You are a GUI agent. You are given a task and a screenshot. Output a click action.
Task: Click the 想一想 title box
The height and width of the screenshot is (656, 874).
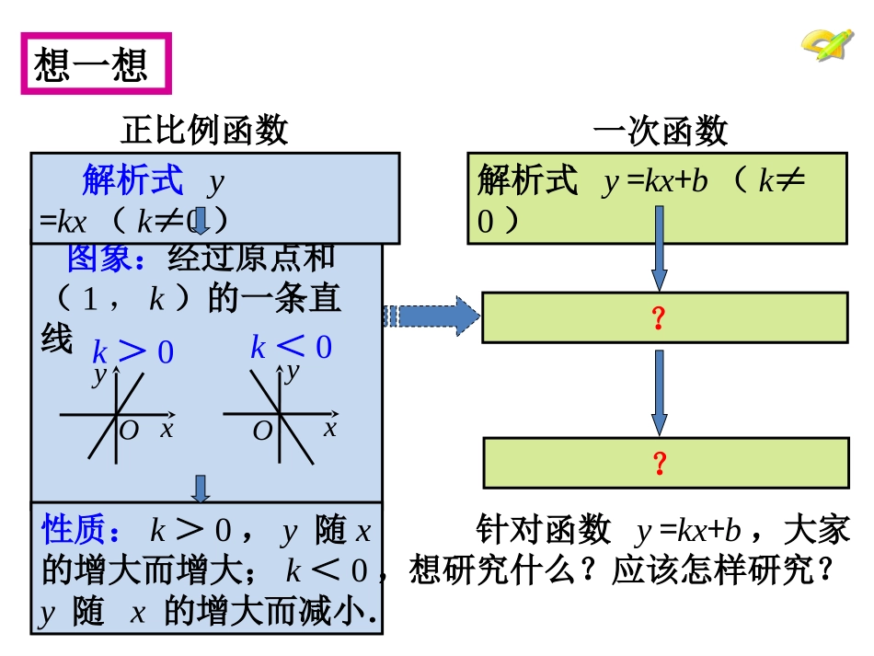coord(97,63)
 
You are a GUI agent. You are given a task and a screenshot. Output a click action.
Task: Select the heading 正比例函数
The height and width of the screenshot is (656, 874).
coord(204,130)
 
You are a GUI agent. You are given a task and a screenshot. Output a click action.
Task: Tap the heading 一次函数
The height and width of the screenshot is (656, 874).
coord(661,131)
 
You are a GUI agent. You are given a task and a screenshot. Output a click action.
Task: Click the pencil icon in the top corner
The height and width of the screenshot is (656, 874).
coord(828,44)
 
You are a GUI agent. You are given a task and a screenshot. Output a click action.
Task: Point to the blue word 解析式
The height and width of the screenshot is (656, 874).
coord(132,179)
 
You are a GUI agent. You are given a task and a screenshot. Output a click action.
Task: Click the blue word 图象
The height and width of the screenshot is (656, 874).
coord(98,258)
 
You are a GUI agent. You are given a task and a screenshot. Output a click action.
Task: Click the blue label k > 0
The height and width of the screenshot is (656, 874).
coord(133,351)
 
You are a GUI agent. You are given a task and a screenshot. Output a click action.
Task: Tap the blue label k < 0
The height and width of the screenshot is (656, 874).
coord(292,347)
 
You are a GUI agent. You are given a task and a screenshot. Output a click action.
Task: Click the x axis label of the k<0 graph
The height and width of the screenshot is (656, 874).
coord(330,428)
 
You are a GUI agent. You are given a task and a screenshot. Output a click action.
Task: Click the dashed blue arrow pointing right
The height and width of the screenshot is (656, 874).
coord(431,316)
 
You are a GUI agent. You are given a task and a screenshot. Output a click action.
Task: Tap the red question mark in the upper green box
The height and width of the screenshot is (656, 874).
coord(659,317)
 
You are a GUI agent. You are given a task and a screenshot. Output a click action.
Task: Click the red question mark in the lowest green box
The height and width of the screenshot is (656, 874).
coord(660,463)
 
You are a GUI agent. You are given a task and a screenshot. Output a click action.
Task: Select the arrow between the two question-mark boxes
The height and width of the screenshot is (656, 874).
coord(660,393)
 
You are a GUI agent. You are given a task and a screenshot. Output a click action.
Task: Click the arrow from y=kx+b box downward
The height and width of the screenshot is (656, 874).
coord(660,248)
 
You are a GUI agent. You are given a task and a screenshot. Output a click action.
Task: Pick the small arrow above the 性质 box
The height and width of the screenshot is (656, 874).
coord(201,489)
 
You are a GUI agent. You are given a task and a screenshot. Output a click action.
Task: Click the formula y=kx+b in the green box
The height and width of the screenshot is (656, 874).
coord(655,180)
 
